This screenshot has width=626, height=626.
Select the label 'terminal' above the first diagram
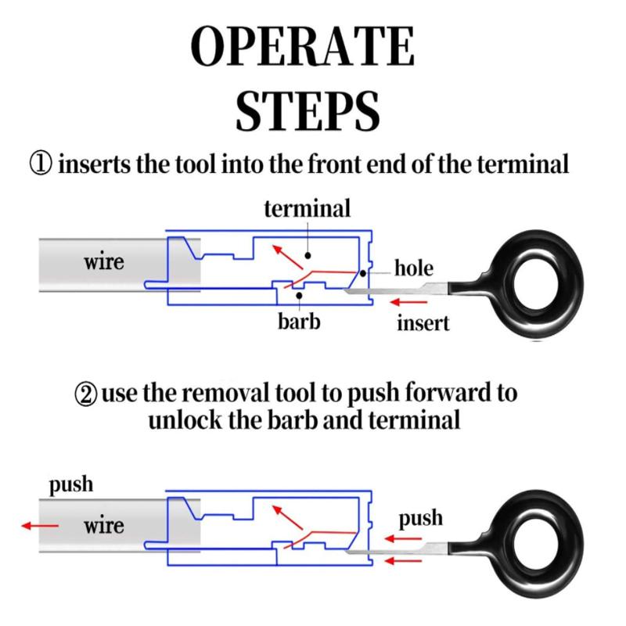[307, 208]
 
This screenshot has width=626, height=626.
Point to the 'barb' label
[300, 321]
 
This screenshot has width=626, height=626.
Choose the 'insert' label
[423, 322]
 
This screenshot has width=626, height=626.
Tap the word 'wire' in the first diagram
[104, 261]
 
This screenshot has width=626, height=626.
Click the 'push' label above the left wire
[71, 484]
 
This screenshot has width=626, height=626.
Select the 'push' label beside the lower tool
[420, 518]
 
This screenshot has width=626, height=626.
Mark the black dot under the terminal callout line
[308, 255]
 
